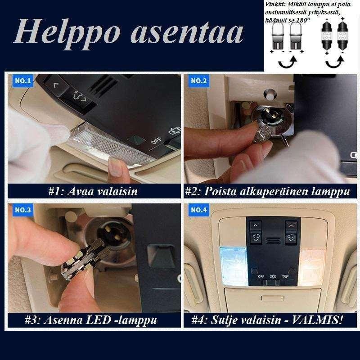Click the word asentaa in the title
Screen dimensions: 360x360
(187, 32)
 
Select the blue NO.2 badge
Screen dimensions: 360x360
(198, 81)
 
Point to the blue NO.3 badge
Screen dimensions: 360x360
(22, 210)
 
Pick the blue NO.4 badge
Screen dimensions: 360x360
(199, 210)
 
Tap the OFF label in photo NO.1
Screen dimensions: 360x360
(156, 140)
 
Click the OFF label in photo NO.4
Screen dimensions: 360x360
(261, 276)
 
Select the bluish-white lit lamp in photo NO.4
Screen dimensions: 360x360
(234, 266)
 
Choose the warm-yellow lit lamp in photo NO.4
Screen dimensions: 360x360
(311, 267)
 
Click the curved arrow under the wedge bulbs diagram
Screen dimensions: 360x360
(288, 63)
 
